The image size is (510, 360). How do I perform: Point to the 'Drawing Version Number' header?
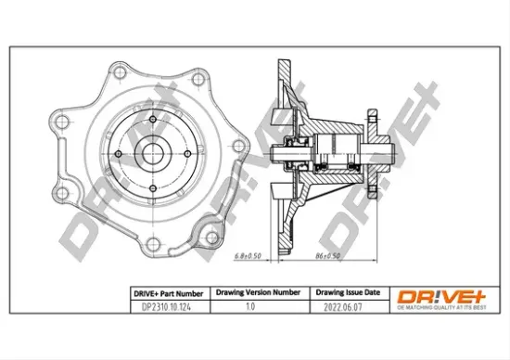pyautogui.click(x=258, y=289)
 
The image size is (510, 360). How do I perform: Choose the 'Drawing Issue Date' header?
pyautogui.click(x=343, y=289)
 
